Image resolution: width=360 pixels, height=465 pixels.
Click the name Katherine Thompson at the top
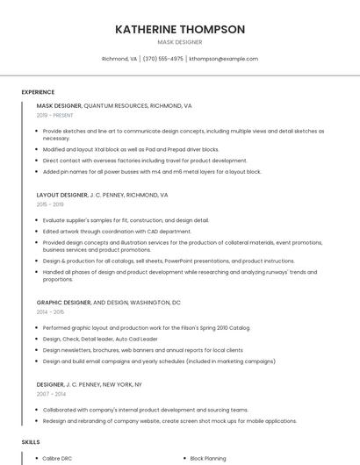(180, 29)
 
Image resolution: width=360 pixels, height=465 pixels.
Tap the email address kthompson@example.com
(223, 59)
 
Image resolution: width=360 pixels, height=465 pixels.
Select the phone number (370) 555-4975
(162, 59)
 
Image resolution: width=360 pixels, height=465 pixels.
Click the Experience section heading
(38, 91)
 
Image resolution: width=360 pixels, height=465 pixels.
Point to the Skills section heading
(31, 442)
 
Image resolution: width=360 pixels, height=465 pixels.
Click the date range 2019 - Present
(55, 115)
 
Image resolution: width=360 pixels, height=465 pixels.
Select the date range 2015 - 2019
(50, 204)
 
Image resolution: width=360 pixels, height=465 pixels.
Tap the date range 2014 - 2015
(50, 311)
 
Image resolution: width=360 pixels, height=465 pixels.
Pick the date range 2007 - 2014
(50, 393)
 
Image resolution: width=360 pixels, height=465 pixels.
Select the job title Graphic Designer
(63, 302)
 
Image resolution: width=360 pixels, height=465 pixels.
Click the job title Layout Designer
(61, 194)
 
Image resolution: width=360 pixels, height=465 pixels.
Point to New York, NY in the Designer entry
(123, 384)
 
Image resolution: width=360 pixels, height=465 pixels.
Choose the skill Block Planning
(208, 458)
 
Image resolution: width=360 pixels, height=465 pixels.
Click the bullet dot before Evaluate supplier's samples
(36, 219)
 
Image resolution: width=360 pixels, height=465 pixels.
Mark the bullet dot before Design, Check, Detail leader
(36, 339)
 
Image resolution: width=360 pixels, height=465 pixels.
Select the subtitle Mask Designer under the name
(180, 42)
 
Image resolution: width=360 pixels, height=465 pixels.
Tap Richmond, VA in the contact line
(119, 59)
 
